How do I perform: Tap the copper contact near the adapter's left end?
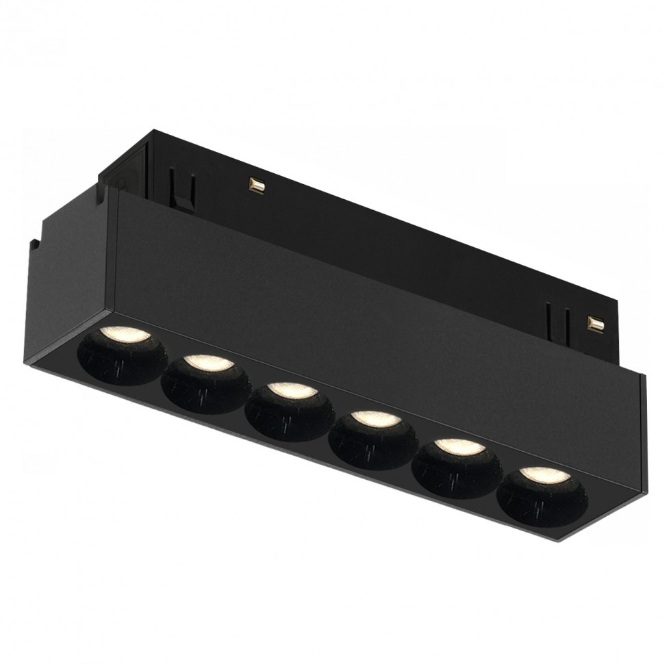(x=257, y=185)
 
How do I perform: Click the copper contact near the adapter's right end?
(x=594, y=322)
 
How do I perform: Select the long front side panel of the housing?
(x=370, y=315)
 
